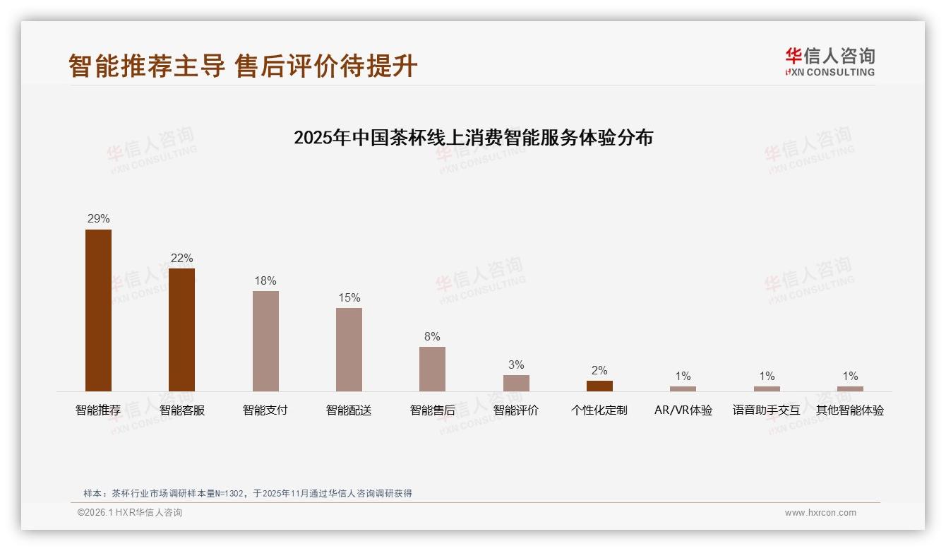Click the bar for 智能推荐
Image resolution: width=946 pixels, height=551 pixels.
point(98,310)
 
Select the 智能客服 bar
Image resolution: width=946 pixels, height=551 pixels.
point(181,329)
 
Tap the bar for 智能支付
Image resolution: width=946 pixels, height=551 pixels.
point(265,340)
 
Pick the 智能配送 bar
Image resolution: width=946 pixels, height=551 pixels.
point(349,349)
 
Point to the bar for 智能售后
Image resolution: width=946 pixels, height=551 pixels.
point(432,369)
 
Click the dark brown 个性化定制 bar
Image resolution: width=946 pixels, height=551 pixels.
point(599,386)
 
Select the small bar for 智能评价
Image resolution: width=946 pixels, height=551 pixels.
point(516,383)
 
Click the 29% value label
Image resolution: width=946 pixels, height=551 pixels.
point(98,219)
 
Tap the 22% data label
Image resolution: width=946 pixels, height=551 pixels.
point(181,259)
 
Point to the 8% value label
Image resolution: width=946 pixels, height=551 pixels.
point(432,337)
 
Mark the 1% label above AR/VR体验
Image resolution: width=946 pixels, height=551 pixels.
point(683,377)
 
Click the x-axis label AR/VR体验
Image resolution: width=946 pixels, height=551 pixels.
point(683,410)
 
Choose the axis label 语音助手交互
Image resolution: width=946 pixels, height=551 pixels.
point(766,410)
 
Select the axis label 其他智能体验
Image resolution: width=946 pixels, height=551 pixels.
point(850,410)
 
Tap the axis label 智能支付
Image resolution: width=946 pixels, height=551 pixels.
point(265,410)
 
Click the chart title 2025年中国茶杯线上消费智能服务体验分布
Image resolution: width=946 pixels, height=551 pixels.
point(473,137)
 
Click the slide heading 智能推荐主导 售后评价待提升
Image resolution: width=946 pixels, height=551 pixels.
point(243,66)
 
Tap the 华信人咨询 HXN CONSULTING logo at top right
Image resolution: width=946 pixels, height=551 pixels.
point(830,62)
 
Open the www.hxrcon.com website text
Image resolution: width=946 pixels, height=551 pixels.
point(820,513)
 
